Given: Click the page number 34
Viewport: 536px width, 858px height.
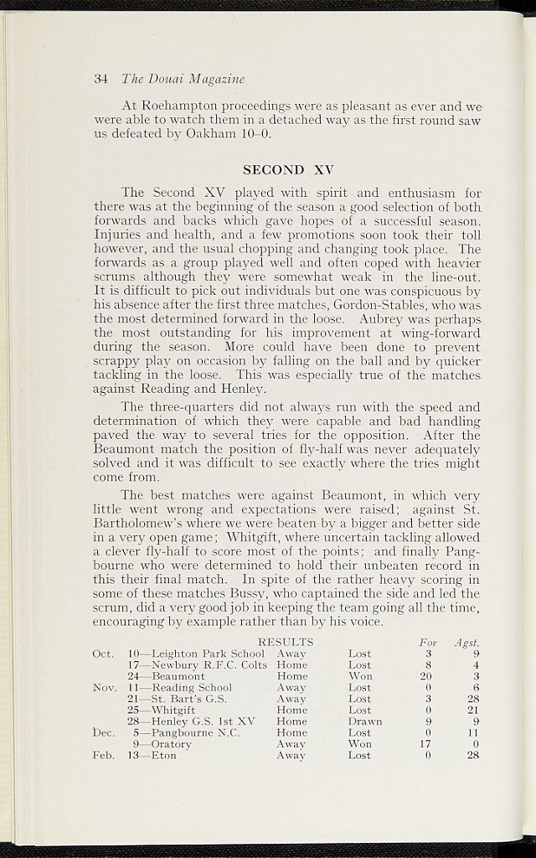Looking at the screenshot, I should coord(100,80).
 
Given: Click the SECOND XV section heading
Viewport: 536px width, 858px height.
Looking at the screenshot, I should coord(288,169).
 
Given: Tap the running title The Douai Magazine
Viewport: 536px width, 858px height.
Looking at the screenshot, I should coord(183,80).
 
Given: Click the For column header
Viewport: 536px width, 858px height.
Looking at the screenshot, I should coord(427,643).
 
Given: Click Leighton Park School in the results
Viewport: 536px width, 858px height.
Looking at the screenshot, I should coord(208,654).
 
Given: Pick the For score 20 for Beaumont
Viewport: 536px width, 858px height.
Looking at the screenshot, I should coord(425,676).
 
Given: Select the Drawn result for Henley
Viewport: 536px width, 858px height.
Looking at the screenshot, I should coord(364,721).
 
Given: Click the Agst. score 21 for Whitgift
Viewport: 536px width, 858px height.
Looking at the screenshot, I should coord(472,710).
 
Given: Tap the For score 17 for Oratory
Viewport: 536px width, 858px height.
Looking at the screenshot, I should coord(425,744).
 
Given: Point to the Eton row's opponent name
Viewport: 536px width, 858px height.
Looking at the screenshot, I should coord(164,755).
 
